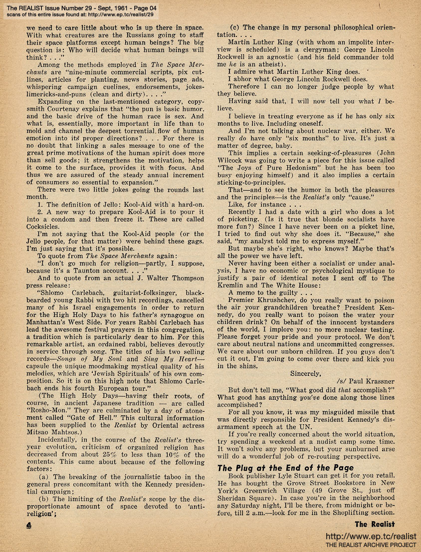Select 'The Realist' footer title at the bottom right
click(375, 524)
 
